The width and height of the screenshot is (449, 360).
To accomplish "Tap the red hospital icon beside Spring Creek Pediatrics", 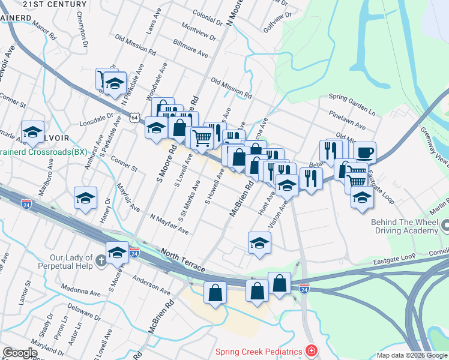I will [311, 349].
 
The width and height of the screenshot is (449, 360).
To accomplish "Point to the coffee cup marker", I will [364, 152].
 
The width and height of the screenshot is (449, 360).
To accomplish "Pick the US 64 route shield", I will [136, 118].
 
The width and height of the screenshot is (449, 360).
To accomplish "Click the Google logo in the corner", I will [19, 353].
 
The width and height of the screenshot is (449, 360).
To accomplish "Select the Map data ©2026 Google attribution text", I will [411, 355].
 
